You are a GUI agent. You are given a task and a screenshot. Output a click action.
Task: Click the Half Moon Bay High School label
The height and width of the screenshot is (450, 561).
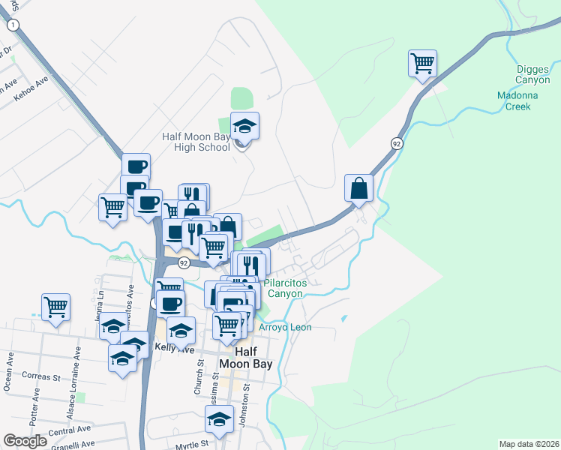[196, 142]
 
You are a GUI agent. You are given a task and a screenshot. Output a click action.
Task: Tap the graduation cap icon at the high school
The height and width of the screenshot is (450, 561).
[244, 126]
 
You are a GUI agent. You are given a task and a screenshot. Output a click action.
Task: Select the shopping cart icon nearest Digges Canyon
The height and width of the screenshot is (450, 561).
[423, 63]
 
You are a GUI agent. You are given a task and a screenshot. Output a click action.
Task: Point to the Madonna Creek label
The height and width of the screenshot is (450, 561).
[514, 100]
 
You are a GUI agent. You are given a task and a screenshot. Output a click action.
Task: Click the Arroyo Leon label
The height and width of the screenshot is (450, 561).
[285, 328]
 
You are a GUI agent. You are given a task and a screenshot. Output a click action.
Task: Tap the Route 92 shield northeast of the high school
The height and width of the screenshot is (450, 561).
[396, 142]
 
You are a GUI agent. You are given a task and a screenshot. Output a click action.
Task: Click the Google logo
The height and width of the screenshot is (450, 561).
[25, 441]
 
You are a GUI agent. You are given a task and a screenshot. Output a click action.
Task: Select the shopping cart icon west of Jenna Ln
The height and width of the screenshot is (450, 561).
[55, 307]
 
